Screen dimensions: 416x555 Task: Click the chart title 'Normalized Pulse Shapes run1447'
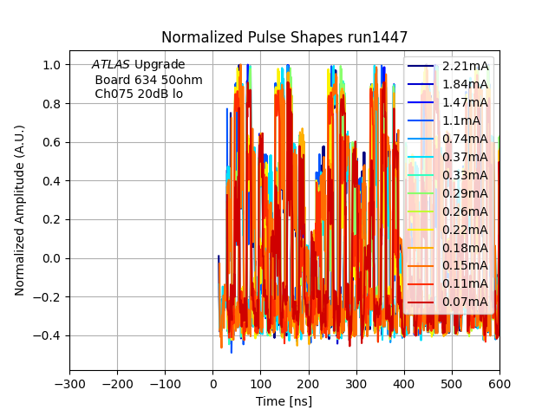tap(284, 37)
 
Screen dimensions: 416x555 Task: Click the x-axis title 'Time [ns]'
tap(284, 401)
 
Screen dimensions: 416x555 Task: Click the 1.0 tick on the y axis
tap(52, 65)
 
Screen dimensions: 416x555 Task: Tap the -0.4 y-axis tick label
tap(48, 335)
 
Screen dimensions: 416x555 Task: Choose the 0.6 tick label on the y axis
tap(52, 142)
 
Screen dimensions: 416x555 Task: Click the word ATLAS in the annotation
tap(111, 65)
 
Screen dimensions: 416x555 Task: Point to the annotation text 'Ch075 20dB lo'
tap(139, 94)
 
